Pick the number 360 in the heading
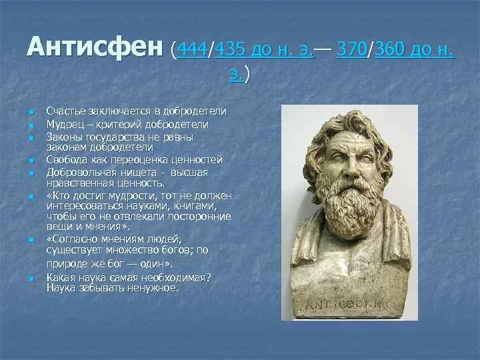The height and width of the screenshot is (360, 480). [x=391, y=49]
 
